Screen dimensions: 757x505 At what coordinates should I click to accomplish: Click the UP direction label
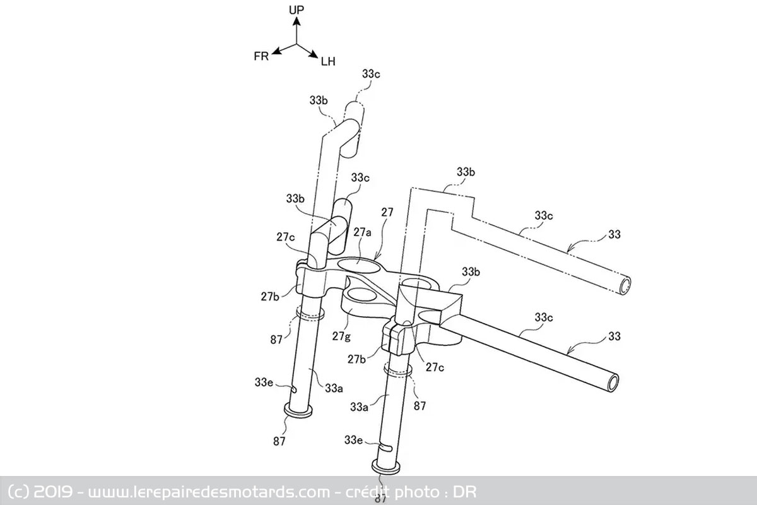[296, 10]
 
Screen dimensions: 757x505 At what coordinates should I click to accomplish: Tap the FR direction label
[261, 56]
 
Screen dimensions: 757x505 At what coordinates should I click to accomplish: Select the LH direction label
[328, 62]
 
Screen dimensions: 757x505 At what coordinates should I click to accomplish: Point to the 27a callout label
[362, 232]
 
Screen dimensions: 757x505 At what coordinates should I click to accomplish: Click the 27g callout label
[341, 336]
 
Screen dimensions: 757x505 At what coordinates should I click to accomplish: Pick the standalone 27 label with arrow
[387, 212]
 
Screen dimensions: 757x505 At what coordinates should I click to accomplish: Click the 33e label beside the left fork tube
[264, 382]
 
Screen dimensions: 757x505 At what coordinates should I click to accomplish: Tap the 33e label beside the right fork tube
[353, 440]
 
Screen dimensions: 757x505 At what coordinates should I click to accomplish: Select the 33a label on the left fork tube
[334, 388]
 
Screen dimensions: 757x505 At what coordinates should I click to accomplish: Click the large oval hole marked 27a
[359, 266]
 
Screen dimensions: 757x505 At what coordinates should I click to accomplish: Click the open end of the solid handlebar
[613, 383]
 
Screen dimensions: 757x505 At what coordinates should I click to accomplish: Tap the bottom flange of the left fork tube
[298, 410]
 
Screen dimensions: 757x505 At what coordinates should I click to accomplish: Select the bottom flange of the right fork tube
[386, 468]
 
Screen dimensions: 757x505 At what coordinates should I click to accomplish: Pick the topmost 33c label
[371, 74]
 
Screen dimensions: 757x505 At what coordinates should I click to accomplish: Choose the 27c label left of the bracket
[285, 237]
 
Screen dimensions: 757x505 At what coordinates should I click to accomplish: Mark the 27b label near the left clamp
[270, 296]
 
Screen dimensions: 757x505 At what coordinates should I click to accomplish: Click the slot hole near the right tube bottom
[385, 448]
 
